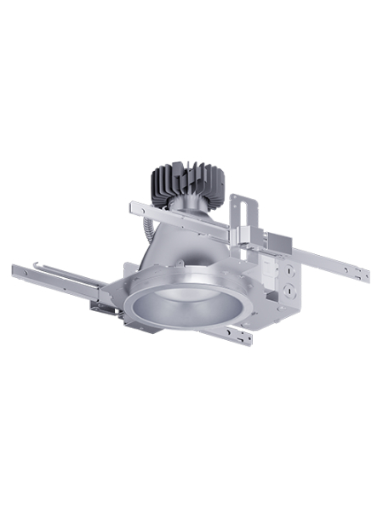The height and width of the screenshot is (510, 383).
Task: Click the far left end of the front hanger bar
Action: click(x=14, y=270)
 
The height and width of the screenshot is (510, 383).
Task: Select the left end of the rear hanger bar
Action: click(x=130, y=205)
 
